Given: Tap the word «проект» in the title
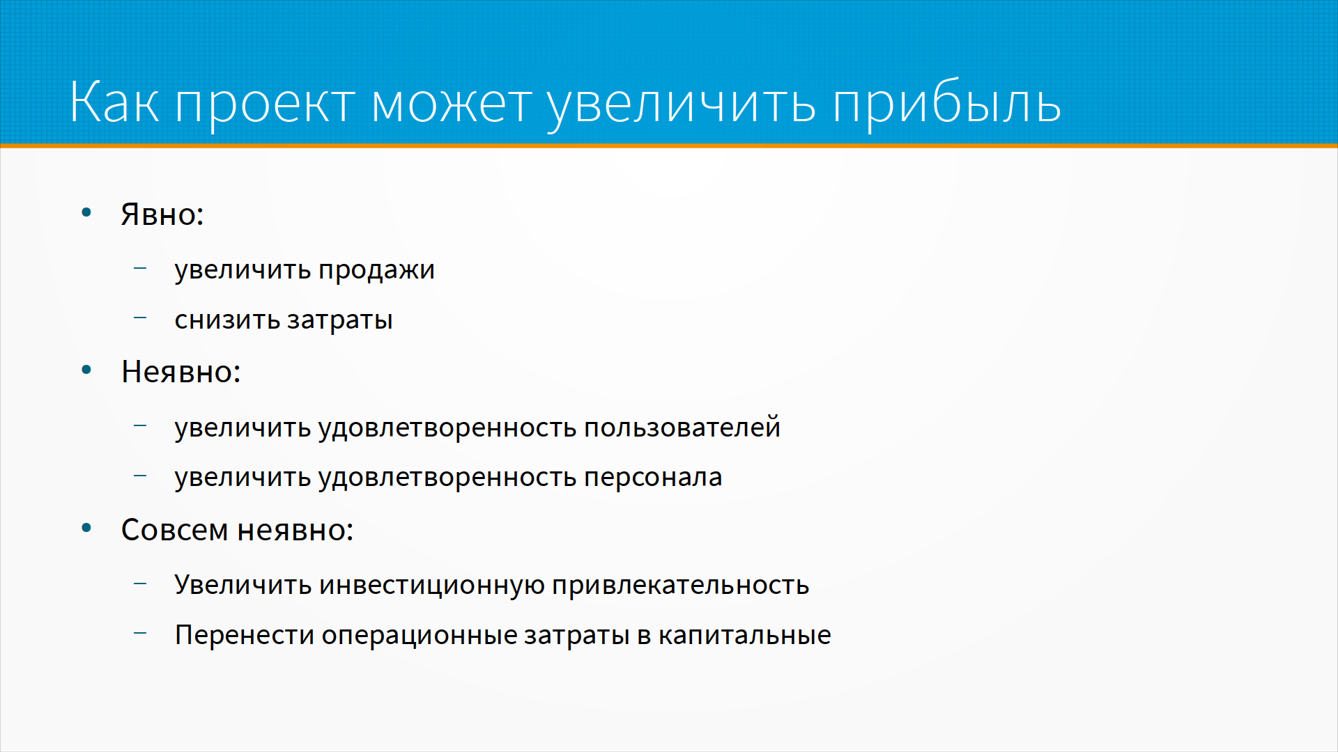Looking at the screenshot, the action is (x=266, y=105).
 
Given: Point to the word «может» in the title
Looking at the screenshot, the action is (x=452, y=105).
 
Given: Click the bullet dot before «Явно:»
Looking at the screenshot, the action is (x=86, y=212).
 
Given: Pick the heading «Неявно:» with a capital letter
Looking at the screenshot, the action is (x=180, y=372).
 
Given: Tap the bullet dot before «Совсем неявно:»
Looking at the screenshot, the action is (x=86, y=528).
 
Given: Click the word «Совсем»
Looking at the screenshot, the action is (x=175, y=530).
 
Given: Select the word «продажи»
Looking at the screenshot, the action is (x=377, y=270).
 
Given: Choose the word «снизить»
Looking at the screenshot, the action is (x=227, y=320).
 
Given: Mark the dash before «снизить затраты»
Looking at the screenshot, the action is (x=140, y=318).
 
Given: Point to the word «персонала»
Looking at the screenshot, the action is (x=653, y=478).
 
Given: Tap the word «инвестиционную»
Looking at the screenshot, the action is (x=432, y=586).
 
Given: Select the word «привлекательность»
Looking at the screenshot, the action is (x=681, y=586).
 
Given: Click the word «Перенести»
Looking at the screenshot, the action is (x=245, y=636).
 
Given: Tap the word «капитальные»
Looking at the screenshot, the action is (x=745, y=636).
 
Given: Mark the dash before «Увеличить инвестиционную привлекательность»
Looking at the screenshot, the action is (x=140, y=583).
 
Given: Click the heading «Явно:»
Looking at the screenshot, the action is (x=162, y=214).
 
